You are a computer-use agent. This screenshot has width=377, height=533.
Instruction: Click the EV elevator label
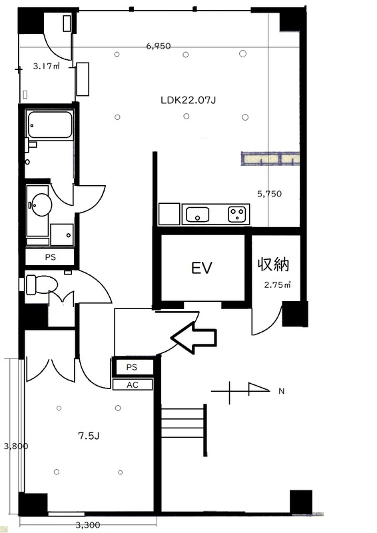click(x=202, y=268)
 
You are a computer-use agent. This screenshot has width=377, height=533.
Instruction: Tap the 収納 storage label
click(x=273, y=264)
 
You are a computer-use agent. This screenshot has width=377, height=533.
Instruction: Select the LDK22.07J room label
click(x=188, y=101)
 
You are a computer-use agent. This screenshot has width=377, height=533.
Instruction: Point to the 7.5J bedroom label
click(x=89, y=436)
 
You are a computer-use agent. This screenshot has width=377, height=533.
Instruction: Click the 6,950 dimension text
click(x=159, y=46)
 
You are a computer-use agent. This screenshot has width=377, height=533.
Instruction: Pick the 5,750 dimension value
click(x=270, y=194)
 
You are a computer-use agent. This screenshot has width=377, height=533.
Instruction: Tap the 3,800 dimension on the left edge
click(x=15, y=446)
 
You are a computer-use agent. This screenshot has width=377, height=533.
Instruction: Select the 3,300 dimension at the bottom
click(x=88, y=525)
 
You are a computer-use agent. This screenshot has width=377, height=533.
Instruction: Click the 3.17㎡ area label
click(x=46, y=66)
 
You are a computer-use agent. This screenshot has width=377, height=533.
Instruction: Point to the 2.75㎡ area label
click(x=277, y=285)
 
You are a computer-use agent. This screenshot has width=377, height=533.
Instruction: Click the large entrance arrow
click(x=193, y=338)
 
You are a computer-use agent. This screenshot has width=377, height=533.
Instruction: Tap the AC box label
click(x=133, y=385)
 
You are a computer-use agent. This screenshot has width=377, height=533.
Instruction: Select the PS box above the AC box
click(x=132, y=367)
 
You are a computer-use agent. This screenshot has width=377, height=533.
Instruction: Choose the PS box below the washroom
click(x=50, y=257)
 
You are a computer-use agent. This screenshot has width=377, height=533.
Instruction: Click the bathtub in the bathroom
click(x=50, y=125)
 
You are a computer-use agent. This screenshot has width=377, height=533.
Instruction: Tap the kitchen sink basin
click(x=197, y=215)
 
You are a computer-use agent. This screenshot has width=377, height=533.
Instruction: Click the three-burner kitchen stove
click(x=237, y=214)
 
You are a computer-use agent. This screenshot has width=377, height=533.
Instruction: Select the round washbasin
click(x=41, y=205)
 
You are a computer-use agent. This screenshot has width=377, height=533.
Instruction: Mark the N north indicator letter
click(x=281, y=391)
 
